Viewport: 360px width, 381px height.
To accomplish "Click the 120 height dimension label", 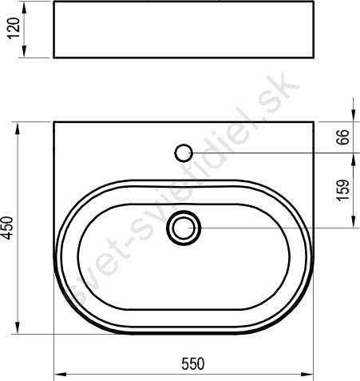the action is click(x=14, y=28).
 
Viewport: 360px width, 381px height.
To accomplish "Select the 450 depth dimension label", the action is click(x=7, y=228).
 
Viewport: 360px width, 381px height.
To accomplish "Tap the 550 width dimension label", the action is click(x=193, y=364).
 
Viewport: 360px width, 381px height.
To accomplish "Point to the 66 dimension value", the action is click(x=342, y=137).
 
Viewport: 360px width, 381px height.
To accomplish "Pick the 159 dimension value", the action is click(x=342, y=190).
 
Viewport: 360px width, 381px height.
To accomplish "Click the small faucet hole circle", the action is click(x=184, y=153).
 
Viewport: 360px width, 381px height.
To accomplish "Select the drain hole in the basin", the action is click(x=184, y=228).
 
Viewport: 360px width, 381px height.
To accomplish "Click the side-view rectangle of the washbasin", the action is click(x=184, y=30).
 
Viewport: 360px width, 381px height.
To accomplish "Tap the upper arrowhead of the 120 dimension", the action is click(x=24, y=9).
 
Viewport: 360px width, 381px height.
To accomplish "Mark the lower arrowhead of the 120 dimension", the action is click(x=24, y=51).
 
